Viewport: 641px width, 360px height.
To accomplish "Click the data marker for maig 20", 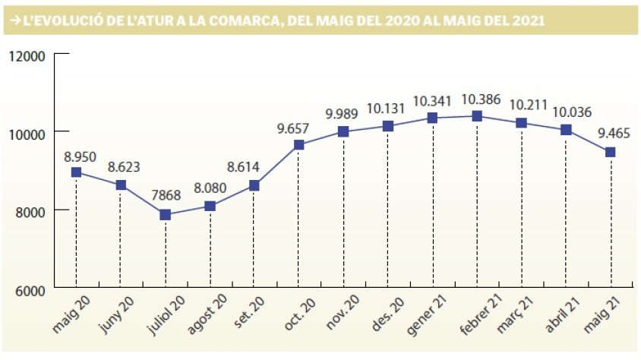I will pyautogui.click(x=76, y=172).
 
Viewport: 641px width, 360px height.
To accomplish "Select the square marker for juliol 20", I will pyautogui.click(x=165, y=215).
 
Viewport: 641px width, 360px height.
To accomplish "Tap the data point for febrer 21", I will pyautogui.click(x=477, y=116).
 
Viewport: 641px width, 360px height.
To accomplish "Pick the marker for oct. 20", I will pyautogui.click(x=298, y=144).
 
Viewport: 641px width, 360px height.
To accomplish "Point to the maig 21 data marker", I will pyautogui.click(x=610, y=152).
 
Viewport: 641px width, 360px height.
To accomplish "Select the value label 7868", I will pyautogui.click(x=165, y=197).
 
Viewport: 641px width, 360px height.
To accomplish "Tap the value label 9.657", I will pyautogui.click(x=298, y=127).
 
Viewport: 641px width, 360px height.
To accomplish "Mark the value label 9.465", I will pyautogui.click(x=610, y=134).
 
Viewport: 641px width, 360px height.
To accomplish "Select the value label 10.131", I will pyautogui.click(x=388, y=109).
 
